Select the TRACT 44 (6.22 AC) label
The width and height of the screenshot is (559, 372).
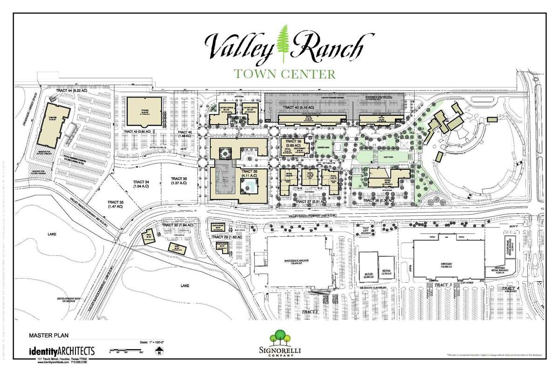(x=73, y=89)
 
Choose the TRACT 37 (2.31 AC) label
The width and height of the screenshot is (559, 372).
(x=303, y=201)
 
